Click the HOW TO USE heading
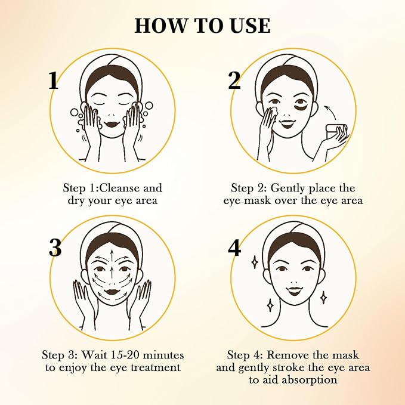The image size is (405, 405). click(x=202, y=26)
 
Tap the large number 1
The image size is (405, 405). click(x=54, y=80)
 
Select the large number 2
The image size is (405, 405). click(x=234, y=80)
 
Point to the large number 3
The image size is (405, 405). click(x=55, y=247)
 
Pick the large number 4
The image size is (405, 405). click(x=235, y=247)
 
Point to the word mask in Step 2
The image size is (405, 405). click(x=260, y=200)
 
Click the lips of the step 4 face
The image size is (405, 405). click(x=293, y=291)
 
